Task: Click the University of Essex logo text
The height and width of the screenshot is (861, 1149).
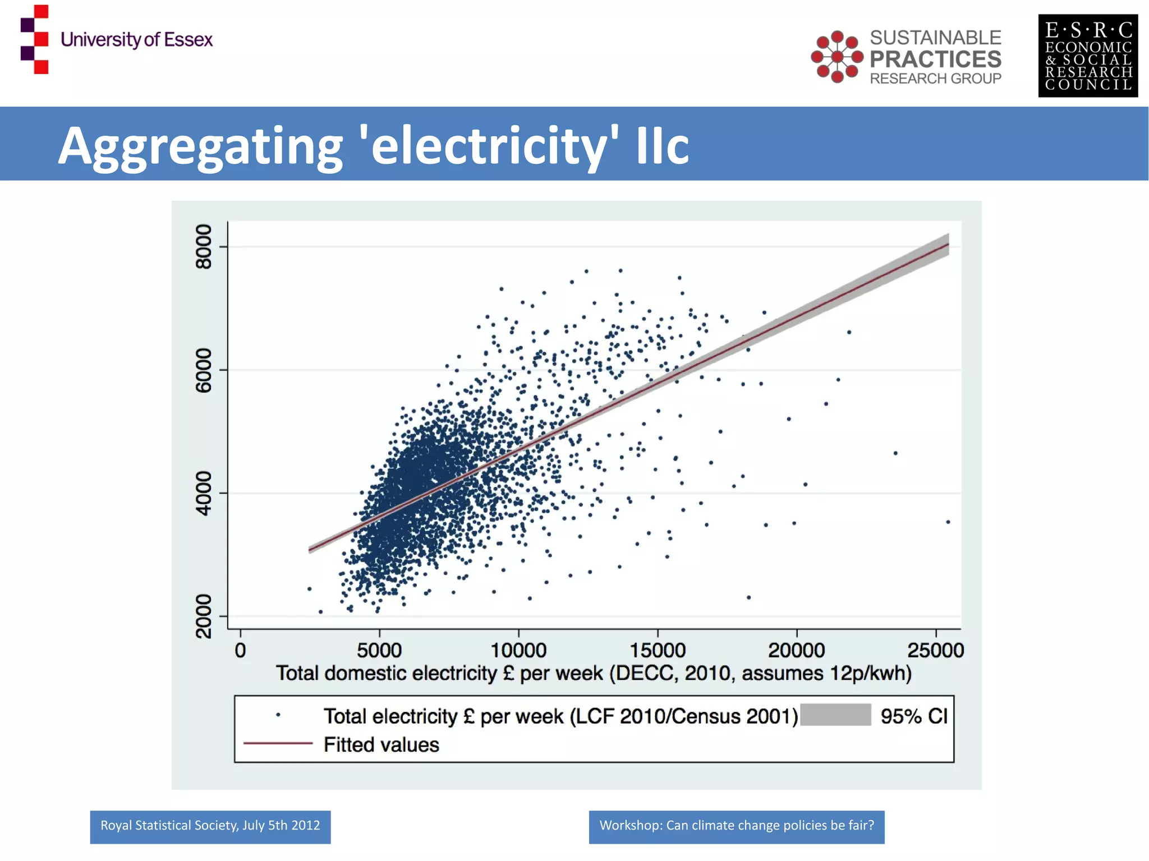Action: (x=136, y=40)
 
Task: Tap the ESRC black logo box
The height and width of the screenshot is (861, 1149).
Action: (x=1087, y=56)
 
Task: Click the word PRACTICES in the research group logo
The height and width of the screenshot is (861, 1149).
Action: (x=935, y=59)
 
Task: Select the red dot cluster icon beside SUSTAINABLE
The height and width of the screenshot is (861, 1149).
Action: (x=837, y=57)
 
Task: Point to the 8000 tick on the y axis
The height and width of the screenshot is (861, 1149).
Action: (x=203, y=247)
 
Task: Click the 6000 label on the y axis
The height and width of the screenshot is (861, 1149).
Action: (x=203, y=370)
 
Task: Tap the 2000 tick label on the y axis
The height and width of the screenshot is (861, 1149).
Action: (x=203, y=616)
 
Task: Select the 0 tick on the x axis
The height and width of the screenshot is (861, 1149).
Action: (x=241, y=650)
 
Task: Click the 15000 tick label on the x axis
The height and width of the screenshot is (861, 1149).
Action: (x=657, y=650)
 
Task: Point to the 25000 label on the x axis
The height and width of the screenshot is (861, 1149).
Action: (x=935, y=650)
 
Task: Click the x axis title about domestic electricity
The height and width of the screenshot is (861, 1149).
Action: (x=594, y=673)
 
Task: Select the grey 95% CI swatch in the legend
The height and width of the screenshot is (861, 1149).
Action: (x=835, y=715)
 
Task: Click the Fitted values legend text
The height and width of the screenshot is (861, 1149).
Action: (x=381, y=745)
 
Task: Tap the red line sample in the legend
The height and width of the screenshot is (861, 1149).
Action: (x=278, y=743)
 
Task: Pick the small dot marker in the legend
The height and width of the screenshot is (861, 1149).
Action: (x=278, y=715)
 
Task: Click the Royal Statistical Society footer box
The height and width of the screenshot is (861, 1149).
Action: (x=210, y=826)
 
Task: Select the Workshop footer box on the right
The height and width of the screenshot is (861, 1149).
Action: (x=736, y=826)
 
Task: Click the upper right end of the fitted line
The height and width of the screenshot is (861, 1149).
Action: (x=947, y=245)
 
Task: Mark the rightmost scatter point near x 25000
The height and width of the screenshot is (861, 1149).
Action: (x=948, y=522)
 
